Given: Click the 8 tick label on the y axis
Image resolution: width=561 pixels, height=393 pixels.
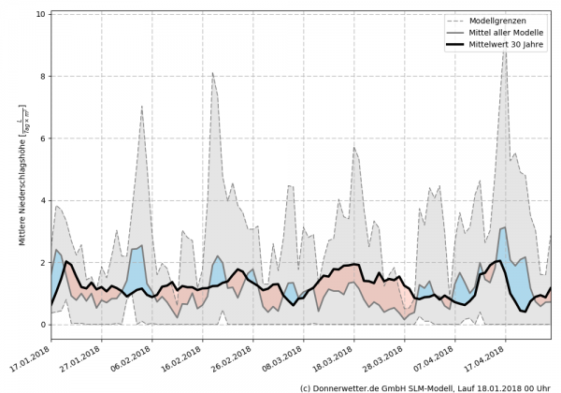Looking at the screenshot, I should [42, 77].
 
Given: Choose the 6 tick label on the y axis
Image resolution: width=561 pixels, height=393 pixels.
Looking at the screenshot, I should [42, 138].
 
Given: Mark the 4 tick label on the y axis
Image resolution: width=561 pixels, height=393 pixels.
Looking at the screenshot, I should [42, 200].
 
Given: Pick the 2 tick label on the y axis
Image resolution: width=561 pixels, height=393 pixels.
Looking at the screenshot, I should [42, 263].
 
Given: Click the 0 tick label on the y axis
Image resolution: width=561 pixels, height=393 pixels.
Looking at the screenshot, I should [42, 325].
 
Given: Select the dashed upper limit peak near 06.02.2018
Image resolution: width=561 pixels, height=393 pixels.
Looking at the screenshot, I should [141, 107].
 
